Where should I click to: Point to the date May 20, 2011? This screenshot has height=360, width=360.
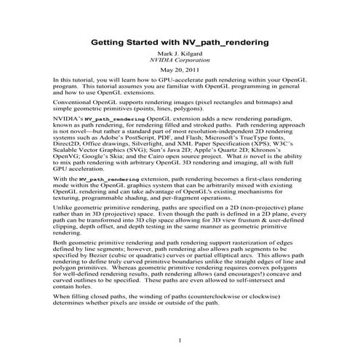(179, 70)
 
